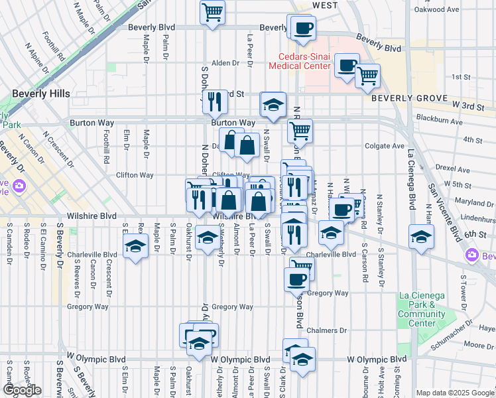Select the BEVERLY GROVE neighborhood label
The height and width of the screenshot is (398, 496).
(x=400, y=98)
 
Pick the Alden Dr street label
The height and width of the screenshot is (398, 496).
(x=225, y=63)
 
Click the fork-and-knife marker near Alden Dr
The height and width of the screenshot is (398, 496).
(x=214, y=101)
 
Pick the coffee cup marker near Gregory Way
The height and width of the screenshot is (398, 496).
(x=296, y=279)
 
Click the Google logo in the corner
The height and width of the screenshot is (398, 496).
(x=23, y=390)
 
